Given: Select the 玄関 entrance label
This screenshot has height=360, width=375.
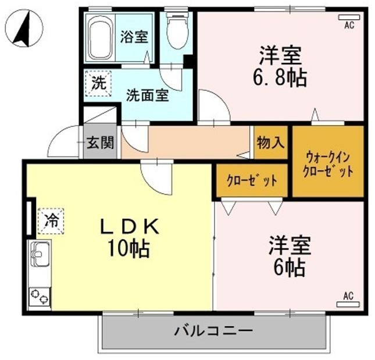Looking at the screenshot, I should (100, 142).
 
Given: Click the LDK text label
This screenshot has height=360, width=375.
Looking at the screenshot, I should (128, 227).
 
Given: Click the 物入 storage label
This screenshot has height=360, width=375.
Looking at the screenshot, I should (270, 142).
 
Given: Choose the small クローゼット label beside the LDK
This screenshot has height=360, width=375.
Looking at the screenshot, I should (252, 180).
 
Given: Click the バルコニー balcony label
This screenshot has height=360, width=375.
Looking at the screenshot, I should (214, 332).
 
